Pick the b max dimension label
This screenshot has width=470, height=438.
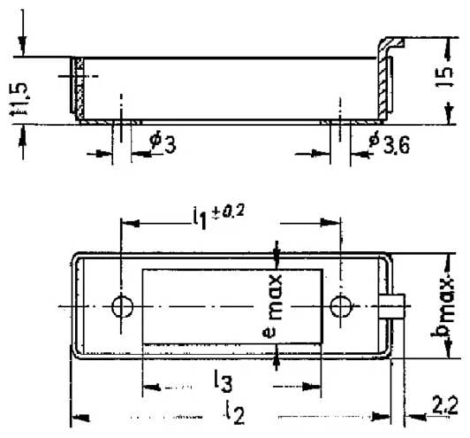[x=449, y=304]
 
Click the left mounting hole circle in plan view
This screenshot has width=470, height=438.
[x=122, y=306]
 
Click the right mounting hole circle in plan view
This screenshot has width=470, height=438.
[x=342, y=306]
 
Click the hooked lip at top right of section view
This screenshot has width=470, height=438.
[x=390, y=45]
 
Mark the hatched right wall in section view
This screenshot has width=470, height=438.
[x=383, y=88]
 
